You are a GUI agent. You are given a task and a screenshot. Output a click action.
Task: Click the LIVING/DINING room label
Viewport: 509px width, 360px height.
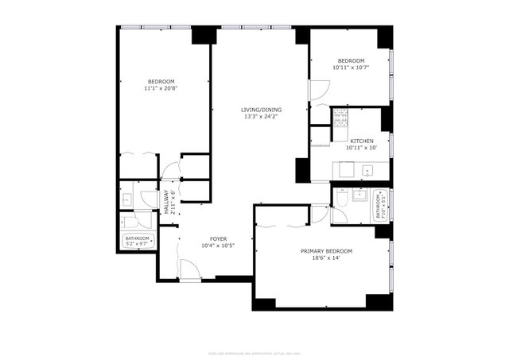(x=262, y=110)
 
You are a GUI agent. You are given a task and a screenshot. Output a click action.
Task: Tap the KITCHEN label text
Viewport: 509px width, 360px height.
(x=361, y=141)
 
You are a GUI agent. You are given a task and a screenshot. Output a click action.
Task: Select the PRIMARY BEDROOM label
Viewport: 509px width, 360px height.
(x=326, y=251)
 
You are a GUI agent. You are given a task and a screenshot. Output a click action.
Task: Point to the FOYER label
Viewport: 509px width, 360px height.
(x=218, y=238)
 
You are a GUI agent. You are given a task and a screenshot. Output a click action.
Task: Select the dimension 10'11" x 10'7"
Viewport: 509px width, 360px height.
(x=350, y=68)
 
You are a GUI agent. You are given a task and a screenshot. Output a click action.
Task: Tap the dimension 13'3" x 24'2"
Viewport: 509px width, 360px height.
(x=262, y=117)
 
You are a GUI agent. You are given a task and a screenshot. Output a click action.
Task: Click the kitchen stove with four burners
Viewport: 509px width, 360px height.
(x=340, y=118)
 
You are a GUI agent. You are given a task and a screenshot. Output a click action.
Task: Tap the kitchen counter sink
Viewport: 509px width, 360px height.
(x=367, y=169)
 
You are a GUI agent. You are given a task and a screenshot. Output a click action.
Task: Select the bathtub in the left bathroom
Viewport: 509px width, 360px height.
(x=138, y=240)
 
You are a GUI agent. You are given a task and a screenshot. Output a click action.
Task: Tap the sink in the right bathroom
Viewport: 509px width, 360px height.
(x=359, y=194)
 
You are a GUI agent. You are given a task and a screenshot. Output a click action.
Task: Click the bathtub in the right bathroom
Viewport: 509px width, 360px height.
(x=380, y=205)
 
